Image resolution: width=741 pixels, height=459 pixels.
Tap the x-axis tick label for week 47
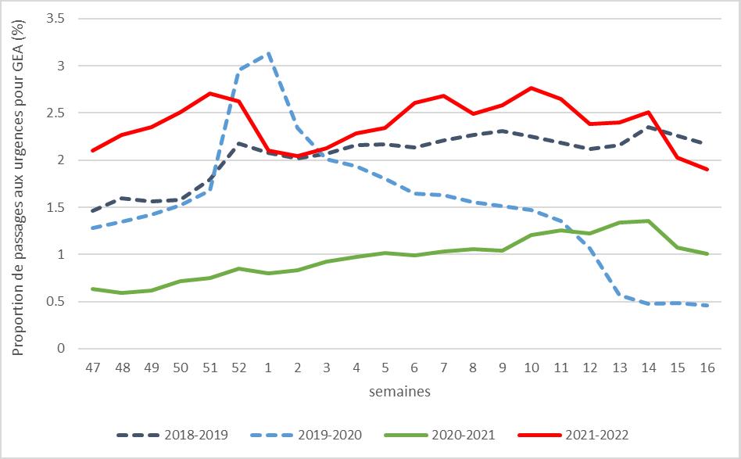pos(91,367)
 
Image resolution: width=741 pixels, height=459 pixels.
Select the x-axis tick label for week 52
pos(239,367)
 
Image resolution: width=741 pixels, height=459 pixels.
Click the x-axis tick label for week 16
pos(707,367)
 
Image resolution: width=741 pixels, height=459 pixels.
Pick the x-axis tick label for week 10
pos(530,367)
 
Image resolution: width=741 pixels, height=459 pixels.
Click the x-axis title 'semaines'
pos(399,392)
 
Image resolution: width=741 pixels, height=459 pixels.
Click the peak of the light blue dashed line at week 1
pos(269,53)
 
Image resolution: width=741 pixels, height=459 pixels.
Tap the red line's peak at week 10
pos(530,88)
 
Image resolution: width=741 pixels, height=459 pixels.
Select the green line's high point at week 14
pos(648,221)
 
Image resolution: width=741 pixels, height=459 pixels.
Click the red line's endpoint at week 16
pos(707,169)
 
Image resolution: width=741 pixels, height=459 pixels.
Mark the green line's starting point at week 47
pos(91,289)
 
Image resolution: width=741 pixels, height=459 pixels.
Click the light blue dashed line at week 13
pos(618,295)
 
